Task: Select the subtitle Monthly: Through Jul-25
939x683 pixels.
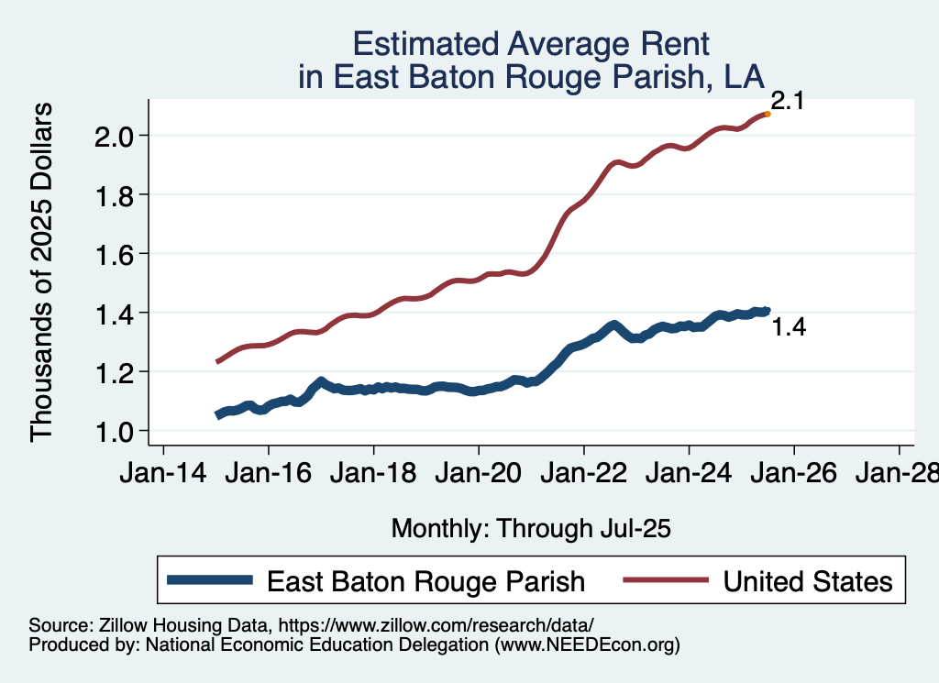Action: [x=531, y=529]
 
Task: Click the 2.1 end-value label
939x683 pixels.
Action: [x=787, y=102]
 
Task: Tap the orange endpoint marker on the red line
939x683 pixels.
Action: [x=767, y=114]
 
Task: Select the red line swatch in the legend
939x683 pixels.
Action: [x=665, y=580]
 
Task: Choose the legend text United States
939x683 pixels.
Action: [x=807, y=581]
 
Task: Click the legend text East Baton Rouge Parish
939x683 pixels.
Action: [x=425, y=581]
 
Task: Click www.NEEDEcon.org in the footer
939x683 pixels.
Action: [x=587, y=645]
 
